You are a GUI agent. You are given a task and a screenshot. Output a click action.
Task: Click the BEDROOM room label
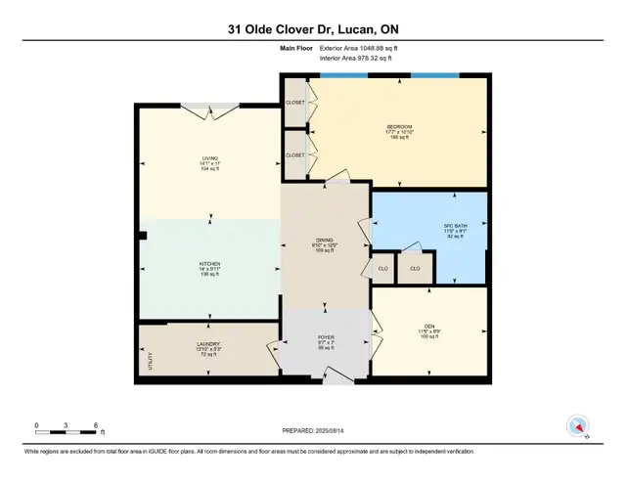point(399,127)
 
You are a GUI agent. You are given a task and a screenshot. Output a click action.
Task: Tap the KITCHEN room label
point(209,264)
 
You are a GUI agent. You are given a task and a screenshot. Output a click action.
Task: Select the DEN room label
point(429,327)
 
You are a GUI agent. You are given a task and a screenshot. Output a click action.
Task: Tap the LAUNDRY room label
point(209,343)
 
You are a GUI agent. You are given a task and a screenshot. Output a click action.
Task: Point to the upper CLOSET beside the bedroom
point(295,103)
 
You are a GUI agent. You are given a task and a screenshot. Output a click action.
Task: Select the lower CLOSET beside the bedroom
point(295,154)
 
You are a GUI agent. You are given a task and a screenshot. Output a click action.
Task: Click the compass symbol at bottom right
point(577,426)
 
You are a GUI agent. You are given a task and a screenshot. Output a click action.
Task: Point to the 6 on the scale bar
point(96,425)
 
